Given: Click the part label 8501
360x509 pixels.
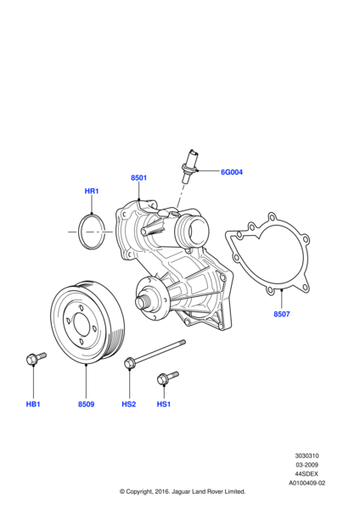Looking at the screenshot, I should [x=138, y=178].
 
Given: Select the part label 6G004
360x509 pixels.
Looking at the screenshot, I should [x=232, y=172].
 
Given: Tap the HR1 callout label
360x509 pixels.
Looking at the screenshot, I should [x=92, y=192].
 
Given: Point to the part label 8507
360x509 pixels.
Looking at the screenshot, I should [x=281, y=315].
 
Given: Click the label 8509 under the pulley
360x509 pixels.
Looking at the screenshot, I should [x=86, y=404].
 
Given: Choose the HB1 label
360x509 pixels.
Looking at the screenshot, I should [x=33, y=404].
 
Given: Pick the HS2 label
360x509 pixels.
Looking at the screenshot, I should [x=128, y=404].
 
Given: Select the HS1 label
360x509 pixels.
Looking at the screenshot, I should [x=164, y=404].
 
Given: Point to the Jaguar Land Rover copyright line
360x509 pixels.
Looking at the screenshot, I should [x=182, y=491].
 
